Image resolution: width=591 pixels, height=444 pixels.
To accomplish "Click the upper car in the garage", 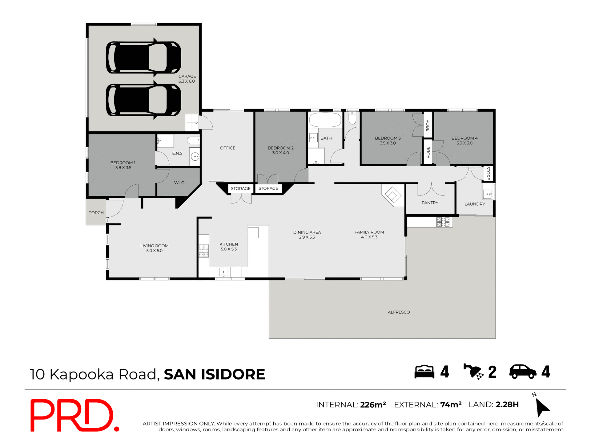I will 143,58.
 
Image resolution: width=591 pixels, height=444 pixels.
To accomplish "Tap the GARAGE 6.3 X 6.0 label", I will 187,79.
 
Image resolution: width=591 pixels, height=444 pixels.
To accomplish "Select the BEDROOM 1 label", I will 123,165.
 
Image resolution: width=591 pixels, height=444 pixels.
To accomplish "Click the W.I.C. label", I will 179,183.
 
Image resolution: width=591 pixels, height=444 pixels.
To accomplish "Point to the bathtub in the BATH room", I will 325,120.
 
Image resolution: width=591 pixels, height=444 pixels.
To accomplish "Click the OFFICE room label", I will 227,148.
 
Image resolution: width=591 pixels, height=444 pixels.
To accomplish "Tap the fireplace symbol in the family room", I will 392,195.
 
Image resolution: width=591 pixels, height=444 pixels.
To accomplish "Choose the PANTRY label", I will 430,203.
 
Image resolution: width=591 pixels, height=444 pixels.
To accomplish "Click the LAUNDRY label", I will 474,204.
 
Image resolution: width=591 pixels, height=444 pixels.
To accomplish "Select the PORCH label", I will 96,213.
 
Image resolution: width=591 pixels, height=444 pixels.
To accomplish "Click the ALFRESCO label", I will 399,312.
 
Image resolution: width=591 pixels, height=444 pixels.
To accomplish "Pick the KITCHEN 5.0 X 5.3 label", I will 229,247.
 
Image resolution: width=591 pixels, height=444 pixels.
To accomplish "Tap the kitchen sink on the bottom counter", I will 223,272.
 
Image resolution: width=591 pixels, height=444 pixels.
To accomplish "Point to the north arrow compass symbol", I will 542,407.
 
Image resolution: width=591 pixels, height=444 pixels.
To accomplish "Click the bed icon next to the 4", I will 424,372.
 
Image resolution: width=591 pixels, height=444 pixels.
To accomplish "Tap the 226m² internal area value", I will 373,405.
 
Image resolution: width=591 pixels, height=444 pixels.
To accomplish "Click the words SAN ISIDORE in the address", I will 214,374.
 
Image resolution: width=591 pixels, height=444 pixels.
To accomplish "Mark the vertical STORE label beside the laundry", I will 488,173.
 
